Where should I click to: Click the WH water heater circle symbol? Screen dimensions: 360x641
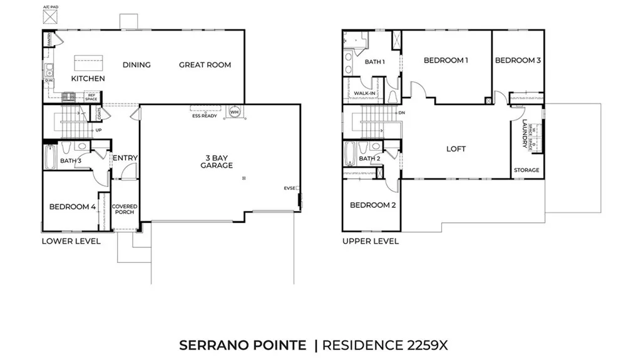[x=235, y=113]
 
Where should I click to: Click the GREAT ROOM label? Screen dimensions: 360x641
[x=205, y=64]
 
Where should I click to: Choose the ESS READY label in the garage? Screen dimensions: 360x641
[x=204, y=116]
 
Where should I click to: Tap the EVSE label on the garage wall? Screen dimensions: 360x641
[x=289, y=188]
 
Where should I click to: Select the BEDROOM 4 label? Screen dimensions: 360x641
[x=73, y=207]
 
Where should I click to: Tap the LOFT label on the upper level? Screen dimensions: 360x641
[x=456, y=149]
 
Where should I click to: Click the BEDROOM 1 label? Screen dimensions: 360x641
[x=446, y=60]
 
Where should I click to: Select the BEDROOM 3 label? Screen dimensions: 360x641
[x=518, y=60]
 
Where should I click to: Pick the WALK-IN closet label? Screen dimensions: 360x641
[x=364, y=94]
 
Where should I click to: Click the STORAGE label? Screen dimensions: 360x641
[x=526, y=170]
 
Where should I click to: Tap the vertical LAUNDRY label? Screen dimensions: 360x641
[x=525, y=134]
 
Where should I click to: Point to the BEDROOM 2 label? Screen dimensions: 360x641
[x=372, y=205]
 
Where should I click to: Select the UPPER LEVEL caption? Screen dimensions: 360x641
[x=370, y=241]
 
